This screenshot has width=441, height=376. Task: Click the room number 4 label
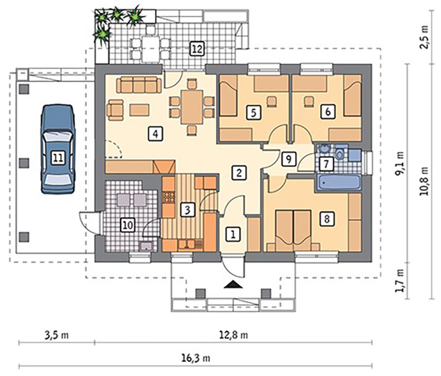tap(155, 134)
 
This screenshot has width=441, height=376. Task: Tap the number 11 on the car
tap(58, 158)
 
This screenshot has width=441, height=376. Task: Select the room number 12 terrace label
tap(197, 49)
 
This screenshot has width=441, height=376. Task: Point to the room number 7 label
tap(326, 164)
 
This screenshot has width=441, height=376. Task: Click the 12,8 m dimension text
tap(233, 335)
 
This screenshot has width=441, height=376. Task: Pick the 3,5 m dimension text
tap(57, 335)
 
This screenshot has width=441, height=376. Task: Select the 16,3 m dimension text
tap(196, 358)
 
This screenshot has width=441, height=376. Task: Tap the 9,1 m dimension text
tap(399, 164)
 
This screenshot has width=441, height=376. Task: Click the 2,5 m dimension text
tap(424, 37)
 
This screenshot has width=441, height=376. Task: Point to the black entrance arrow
tap(233, 285)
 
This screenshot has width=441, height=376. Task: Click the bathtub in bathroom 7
tap(339, 182)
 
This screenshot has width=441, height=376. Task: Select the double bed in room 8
tap(294, 230)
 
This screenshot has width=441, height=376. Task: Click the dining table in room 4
tap(192, 107)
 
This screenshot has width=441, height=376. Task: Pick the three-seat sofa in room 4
tap(139, 85)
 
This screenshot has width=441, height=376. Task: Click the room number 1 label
tap(233, 234)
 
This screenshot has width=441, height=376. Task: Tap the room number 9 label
tap(288, 160)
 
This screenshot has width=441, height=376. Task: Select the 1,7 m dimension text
tap(399, 281)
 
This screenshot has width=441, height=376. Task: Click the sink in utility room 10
tap(146, 246)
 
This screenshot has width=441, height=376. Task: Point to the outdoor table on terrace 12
tap(150, 49)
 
